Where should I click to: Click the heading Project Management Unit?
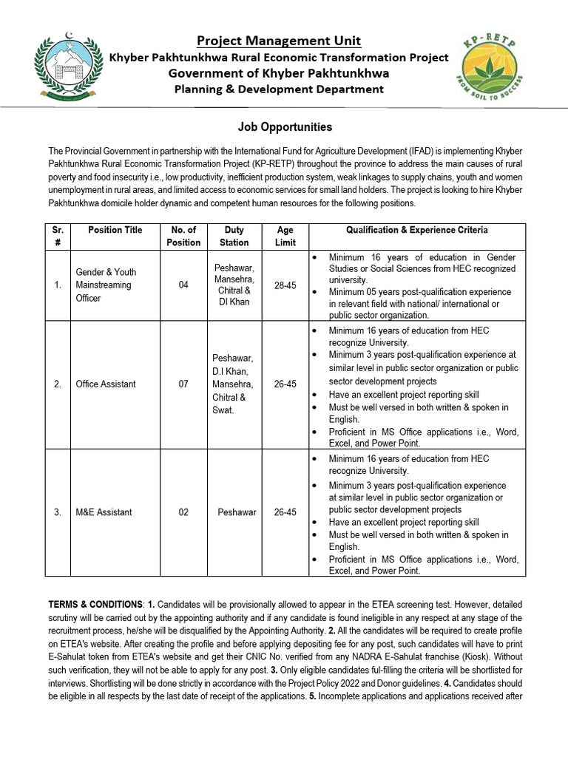click(279, 40)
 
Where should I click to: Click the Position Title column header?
click(115, 230)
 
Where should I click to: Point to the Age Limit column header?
click(285, 236)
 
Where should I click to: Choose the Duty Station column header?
click(233, 236)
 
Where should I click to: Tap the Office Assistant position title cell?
click(106, 384)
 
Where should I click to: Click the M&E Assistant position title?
click(104, 512)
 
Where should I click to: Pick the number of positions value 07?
click(183, 384)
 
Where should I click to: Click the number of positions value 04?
click(183, 285)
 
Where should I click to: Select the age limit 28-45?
click(285, 285)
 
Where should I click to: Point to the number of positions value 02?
click(183, 512)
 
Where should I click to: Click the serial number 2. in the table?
click(57, 384)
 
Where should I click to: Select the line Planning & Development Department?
click(279, 89)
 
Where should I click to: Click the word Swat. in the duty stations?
click(223, 410)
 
